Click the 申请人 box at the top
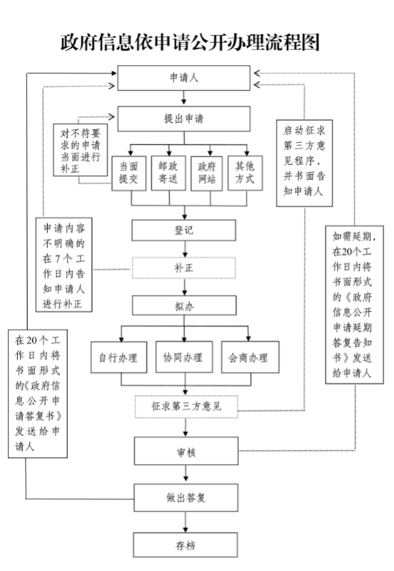(184, 78)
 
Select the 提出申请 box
(184, 119)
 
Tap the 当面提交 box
(129, 174)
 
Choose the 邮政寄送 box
(169, 173)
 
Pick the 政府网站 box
(207, 174)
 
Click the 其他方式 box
(245, 173)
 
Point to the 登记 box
(184, 230)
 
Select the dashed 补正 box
(184, 268)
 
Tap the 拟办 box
(184, 306)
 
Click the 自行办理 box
(119, 357)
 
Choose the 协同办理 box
(184, 357)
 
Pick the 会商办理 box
(250, 357)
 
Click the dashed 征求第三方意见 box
(186, 407)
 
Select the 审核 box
(186, 452)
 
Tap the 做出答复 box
(186, 498)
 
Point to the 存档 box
(186, 545)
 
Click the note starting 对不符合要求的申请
(80, 150)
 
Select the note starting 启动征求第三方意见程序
(304, 163)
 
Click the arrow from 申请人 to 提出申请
(184, 98)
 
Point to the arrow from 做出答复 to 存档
(186, 522)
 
